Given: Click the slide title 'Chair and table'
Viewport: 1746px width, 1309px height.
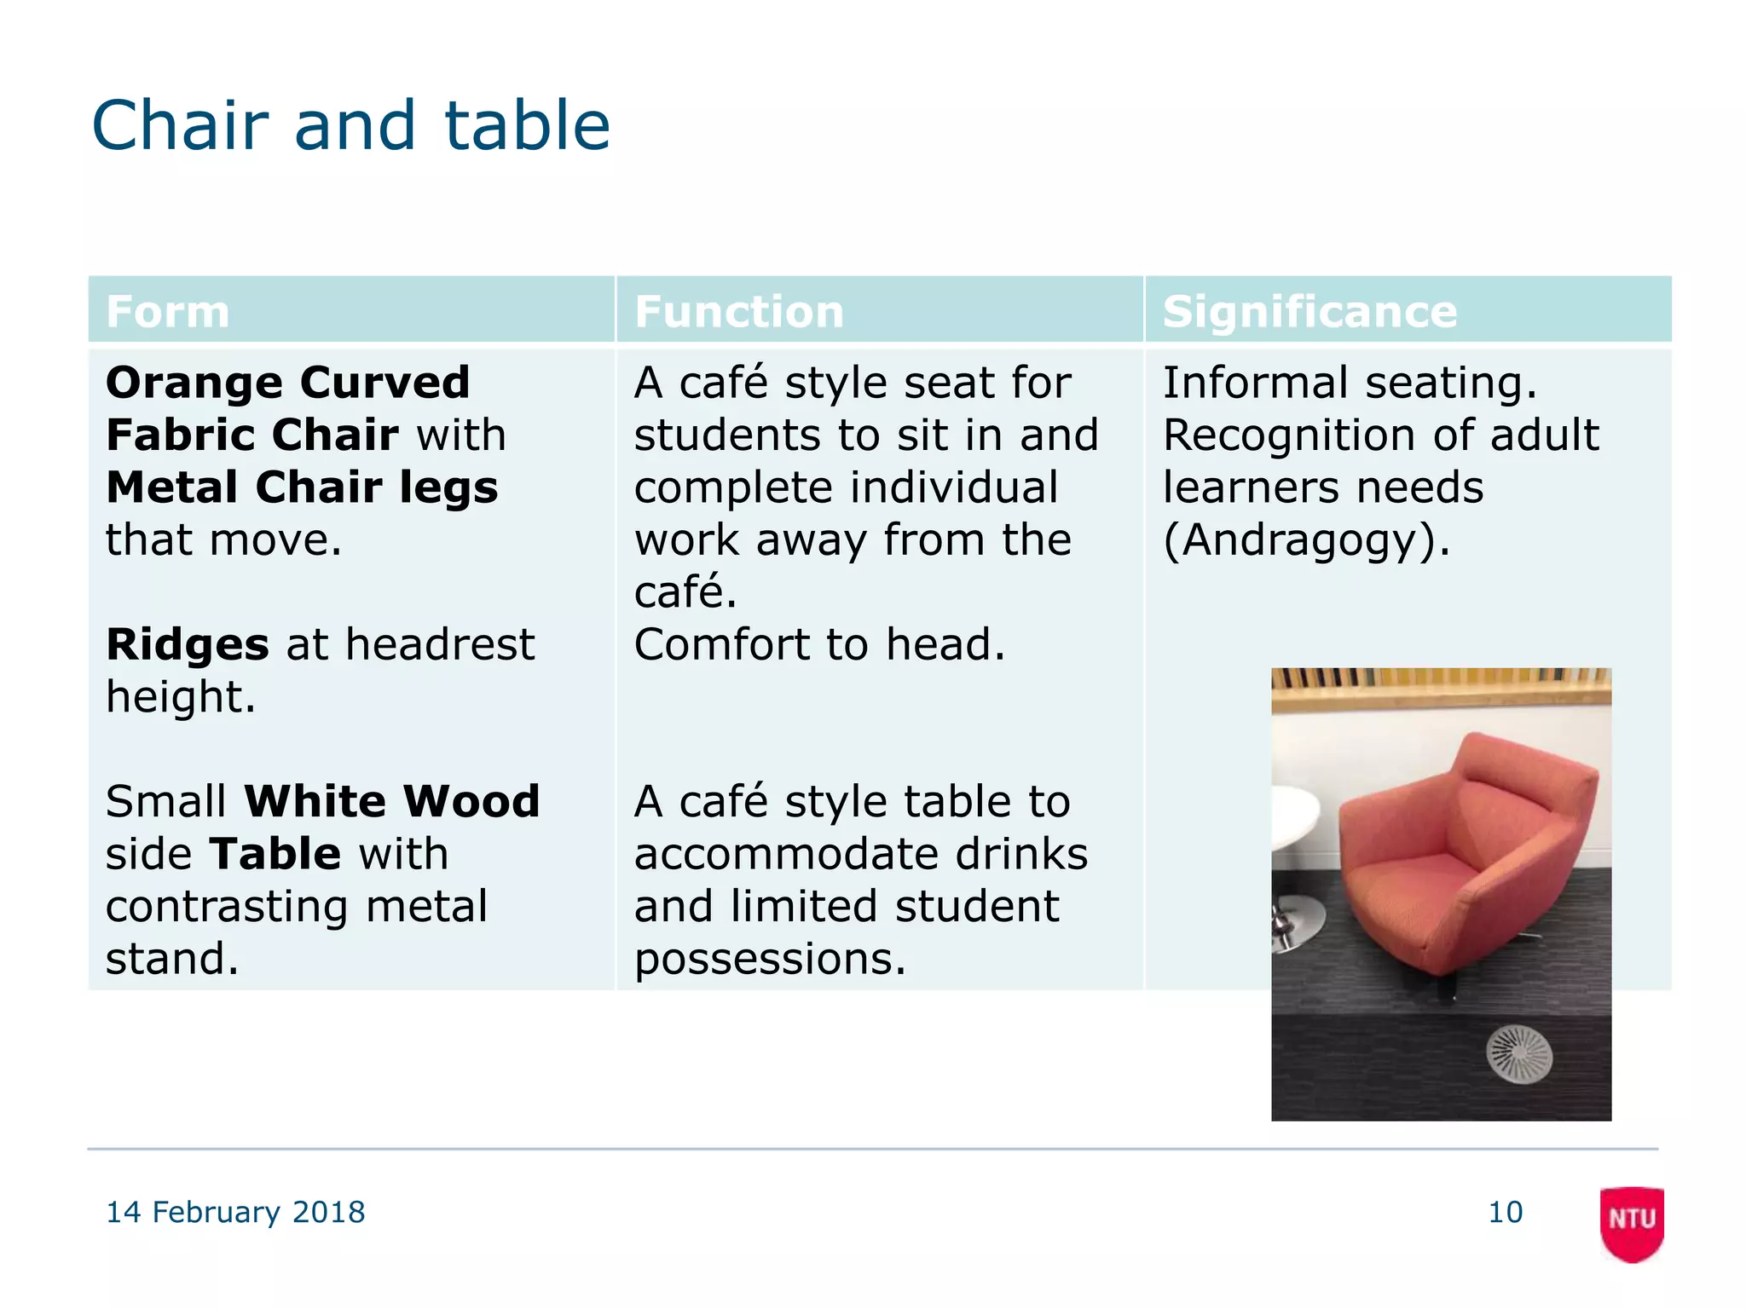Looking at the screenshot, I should tap(350, 126).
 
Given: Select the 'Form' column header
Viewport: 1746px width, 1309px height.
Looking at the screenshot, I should tap(168, 312).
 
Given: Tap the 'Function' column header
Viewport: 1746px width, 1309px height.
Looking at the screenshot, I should tap(738, 312).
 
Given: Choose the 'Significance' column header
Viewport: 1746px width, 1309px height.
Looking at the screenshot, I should tap(1309, 312).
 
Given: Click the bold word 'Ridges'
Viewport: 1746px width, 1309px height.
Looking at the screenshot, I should tap(188, 644).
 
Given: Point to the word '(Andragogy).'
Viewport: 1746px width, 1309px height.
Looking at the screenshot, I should tap(1306, 540).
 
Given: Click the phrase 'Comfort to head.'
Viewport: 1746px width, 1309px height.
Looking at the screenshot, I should tap(819, 644).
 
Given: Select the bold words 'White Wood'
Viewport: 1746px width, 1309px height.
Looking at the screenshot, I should tap(391, 801).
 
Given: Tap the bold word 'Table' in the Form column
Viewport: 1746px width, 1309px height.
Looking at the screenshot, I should tap(275, 854).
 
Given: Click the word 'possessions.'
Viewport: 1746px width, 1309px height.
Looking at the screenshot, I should tap(769, 959).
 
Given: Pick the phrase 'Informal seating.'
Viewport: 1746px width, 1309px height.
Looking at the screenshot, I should tap(1350, 383).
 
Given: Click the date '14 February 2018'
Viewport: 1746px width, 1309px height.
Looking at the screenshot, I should tap(235, 1212).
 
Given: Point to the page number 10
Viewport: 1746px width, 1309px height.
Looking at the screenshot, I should tap(1505, 1212).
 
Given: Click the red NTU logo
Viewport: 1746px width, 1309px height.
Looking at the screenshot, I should tap(1632, 1221).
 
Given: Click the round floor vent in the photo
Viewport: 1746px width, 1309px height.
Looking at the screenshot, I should tap(1518, 1054).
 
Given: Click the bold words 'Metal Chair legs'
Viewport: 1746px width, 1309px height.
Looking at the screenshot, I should tap(302, 487).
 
